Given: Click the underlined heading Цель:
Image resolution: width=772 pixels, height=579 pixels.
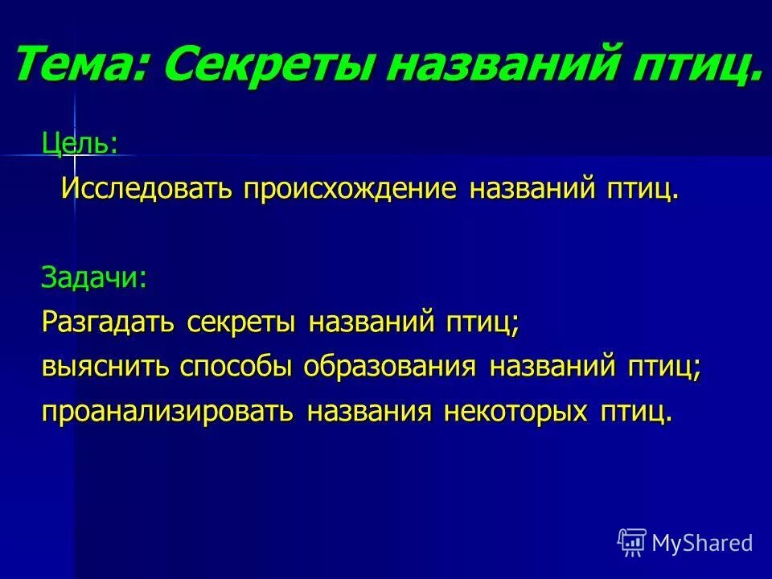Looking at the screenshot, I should pyautogui.click(x=80, y=143).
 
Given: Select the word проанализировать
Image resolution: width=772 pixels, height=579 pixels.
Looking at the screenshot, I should pyautogui.click(x=169, y=412).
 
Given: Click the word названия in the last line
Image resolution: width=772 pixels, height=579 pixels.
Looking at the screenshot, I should pyautogui.click(x=370, y=412).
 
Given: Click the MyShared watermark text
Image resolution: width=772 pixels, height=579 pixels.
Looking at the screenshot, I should pyautogui.click(x=702, y=543).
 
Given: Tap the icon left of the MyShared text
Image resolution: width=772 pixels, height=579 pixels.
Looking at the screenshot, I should pyautogui.click(x=632, y=543).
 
